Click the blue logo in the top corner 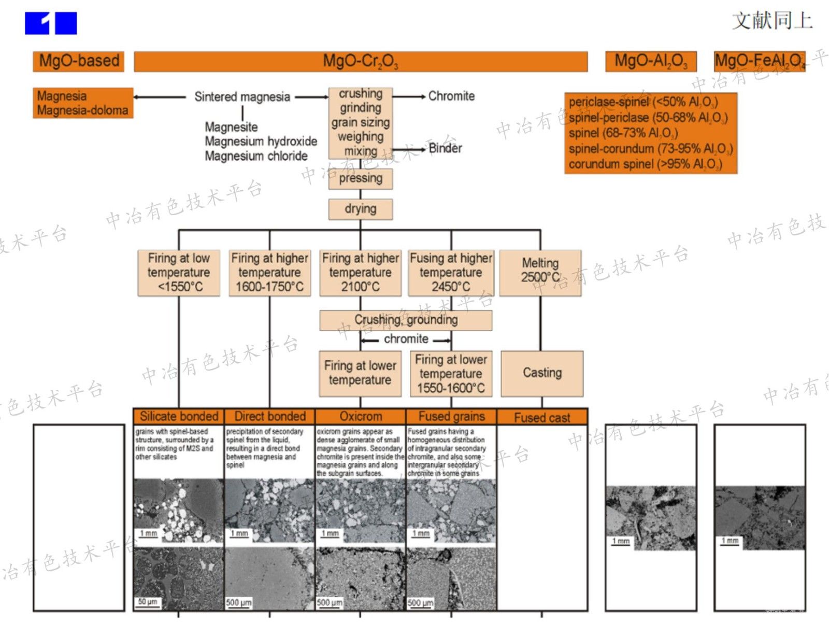point(51,23)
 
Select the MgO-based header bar point(79,61)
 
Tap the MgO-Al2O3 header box point(651,61)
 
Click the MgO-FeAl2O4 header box point(760,61)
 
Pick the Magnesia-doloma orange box point(83,103)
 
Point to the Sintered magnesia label point(242,97)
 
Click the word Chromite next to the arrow point(451,96)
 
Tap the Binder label point(445,148)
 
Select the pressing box point(361,178)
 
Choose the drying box point(361,209)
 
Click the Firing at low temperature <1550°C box point(179,273)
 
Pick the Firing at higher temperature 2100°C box point(361,273)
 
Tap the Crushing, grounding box point(406,320)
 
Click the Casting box point(542,373)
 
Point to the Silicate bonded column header point(179,416)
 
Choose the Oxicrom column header point(361,416)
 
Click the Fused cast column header point(542,417)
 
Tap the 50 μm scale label point(148,602)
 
